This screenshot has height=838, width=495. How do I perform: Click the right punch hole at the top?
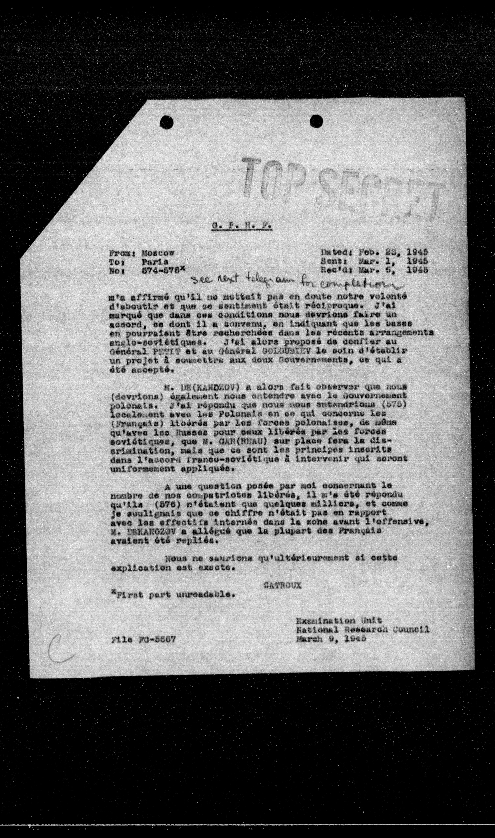click(x=317, y=120)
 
